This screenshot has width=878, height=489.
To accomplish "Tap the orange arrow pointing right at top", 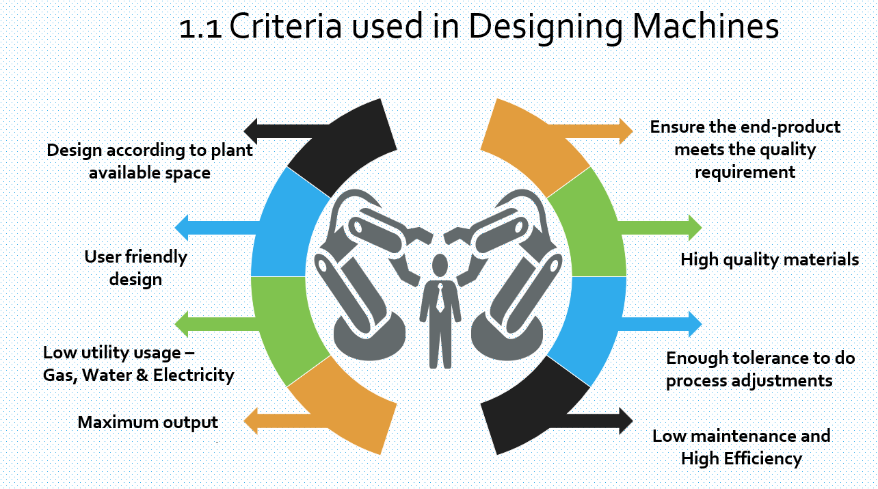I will pyautogui.click(x=602, y=131).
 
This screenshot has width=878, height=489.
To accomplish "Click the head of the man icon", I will pyautogui.click(x=440, y=264).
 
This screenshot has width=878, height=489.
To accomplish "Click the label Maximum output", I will pyautogui.click(x=148, y=422).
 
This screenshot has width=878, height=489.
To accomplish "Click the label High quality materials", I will pyautogui.click(x=769, y=260).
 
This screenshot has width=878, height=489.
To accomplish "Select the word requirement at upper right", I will pyautogui.click(x=745, y=172).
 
